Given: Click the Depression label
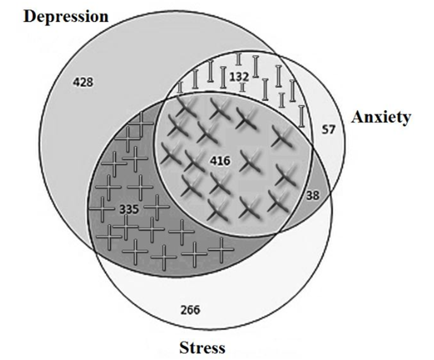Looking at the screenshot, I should point(66,17).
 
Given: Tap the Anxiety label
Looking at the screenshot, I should point(381,117).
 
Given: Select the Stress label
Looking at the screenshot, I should point(202,347).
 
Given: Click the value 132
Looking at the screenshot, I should point(239,76).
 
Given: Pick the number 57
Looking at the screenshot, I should point(328,130).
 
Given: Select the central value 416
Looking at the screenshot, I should point(219,161).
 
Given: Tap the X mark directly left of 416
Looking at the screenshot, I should point(194,161).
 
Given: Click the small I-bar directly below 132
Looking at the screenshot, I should point(242,87).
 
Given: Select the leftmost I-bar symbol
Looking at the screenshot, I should point(180,86).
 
